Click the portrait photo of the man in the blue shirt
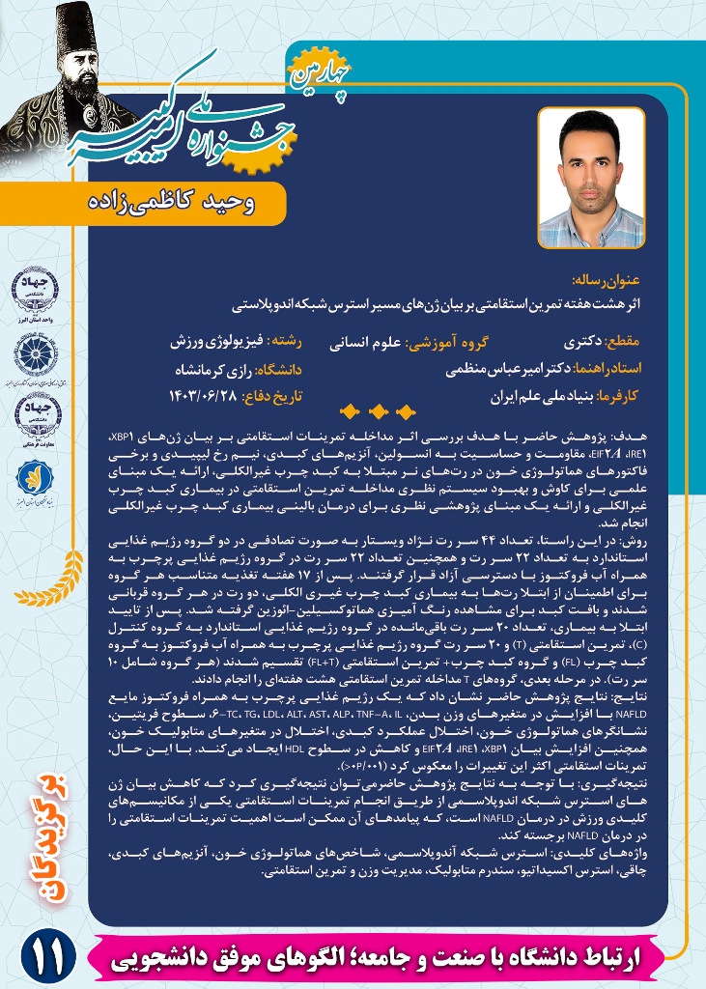(591, 177)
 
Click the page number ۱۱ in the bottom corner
(44, 958)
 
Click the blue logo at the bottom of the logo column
(30, 476)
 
